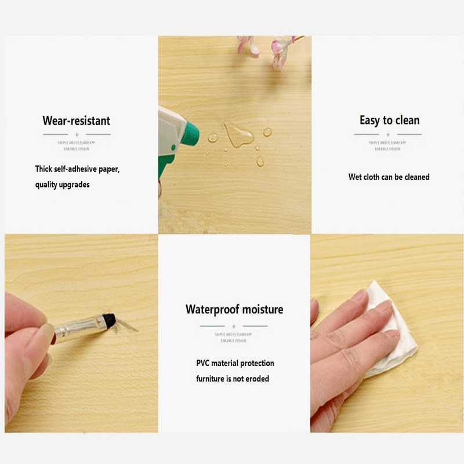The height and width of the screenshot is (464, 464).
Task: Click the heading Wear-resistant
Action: (76, 121)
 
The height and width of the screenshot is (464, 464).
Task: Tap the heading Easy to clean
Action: (389, 121)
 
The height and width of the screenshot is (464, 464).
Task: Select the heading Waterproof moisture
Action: (234, 309)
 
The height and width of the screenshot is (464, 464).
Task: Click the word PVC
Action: (204, 364)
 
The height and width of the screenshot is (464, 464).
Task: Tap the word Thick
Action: (44, 169)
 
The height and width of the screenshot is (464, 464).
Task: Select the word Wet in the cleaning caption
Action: (355, 177)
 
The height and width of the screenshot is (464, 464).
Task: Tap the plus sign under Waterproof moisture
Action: (234, 326)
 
